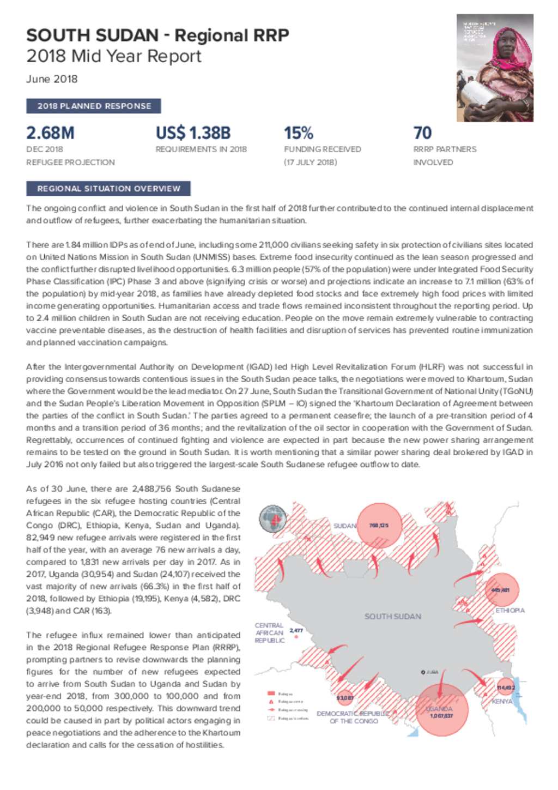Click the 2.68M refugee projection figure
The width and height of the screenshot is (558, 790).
(x=50, y=133)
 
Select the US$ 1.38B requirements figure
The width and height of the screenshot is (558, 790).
(x=193, y=133)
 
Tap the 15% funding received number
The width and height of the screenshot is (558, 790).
(x=298, y=133)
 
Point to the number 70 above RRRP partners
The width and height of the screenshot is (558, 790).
(x=422, y=133)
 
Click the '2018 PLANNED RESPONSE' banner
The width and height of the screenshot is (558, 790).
(x=94, y=106)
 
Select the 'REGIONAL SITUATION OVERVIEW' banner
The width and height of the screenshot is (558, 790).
(x=108, y=189)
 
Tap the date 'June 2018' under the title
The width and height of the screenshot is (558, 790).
(x=52, y=79)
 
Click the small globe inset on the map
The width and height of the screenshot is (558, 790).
(x=272, y=518)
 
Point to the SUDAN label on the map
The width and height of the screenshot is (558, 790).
(x=344, y=526)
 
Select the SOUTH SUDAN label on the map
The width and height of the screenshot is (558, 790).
(x=392, y=617)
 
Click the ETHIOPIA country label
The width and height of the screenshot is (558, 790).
(x=510, y=611)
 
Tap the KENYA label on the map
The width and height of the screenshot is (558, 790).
(x=502, y=702)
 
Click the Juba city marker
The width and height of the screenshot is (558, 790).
(x=423, y=672)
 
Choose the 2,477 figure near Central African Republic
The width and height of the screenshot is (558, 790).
(x=296, y=631)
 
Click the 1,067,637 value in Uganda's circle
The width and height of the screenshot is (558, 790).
(x=441, y=716)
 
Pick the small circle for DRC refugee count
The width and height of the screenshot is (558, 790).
(x=345, y=698)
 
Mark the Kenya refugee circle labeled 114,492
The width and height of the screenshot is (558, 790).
(x=505, y=688)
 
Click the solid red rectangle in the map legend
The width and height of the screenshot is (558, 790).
(x=271, y=694)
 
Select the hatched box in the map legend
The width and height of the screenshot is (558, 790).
(x=271, y=719)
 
